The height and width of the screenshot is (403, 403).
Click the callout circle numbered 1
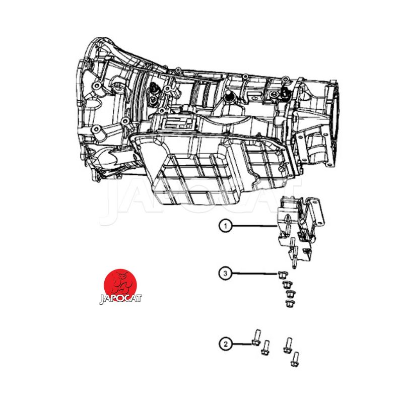tap(226, 226)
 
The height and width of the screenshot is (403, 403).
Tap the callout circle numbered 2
tap(226, 344)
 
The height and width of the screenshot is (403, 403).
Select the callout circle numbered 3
tap(226, 273)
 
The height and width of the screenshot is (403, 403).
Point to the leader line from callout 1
tap(254, 226)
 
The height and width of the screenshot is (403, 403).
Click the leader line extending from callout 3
tap(255, 274)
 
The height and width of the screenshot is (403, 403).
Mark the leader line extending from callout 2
tap(242, 344)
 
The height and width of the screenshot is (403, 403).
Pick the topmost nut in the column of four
tap(282, 275)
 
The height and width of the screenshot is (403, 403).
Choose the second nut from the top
tap(287, 284)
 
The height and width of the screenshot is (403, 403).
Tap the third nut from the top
tap(290, 294)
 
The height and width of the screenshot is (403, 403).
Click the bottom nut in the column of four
tap(290, 303)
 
